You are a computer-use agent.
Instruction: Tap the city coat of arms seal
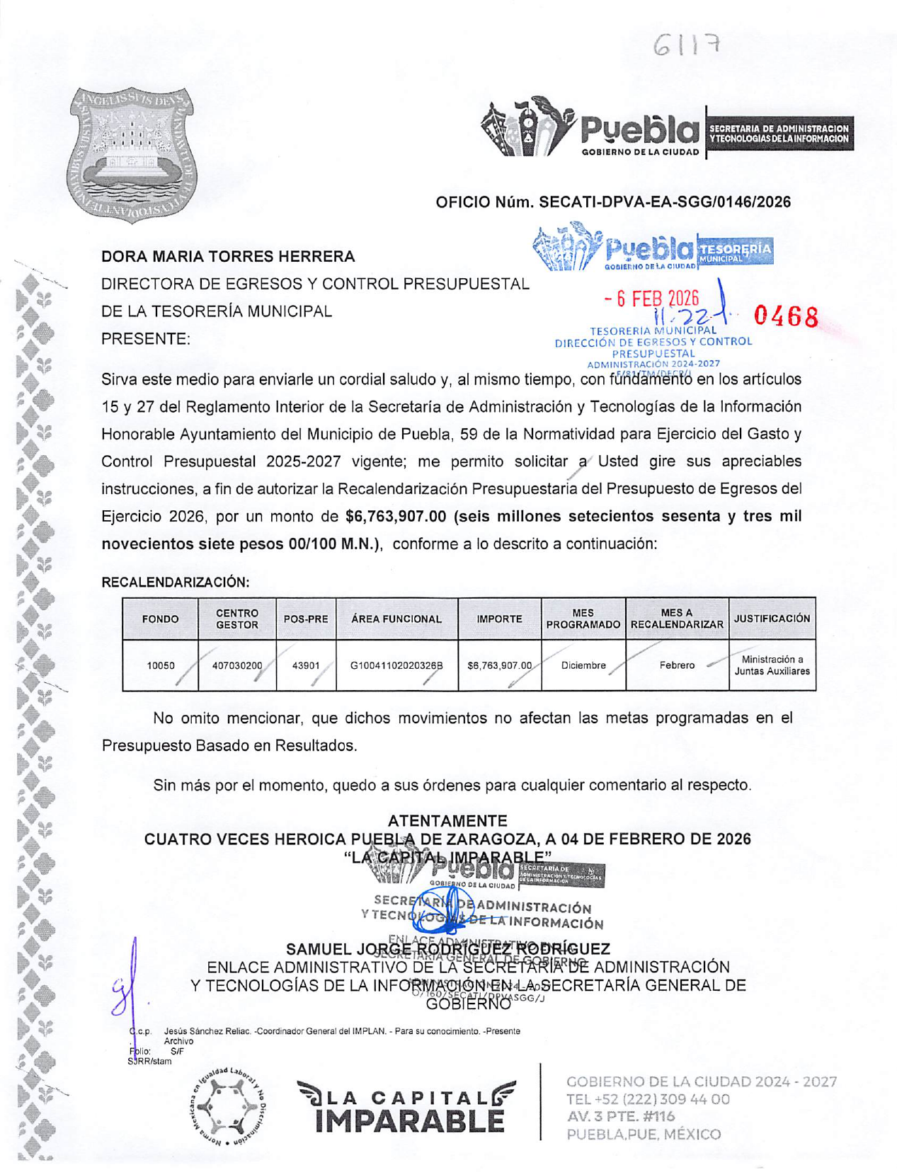(x=132, y=154)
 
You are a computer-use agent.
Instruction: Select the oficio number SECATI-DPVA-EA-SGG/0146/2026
(x=613, y=202)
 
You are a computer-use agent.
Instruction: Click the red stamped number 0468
(x=786, y=316)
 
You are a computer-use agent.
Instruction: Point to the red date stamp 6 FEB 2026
(x=652, y=299)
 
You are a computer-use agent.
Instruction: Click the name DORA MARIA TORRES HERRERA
(x=228, y=256)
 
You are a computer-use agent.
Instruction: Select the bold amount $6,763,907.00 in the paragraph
(x=396, y=517)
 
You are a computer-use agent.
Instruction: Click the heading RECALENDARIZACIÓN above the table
(x=176, y=582)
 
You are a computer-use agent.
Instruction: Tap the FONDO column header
(x=160, y=619)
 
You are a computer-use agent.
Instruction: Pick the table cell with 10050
(x=160, y=665)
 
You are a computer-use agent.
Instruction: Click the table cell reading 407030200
(x=237, y=665)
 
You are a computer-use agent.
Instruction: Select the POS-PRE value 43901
(x=306, y=665)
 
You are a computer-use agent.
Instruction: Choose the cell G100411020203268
(x=396, y=665)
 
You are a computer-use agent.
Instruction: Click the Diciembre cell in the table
(x=583, y=665)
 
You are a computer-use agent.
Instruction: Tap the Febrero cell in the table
(x=677, y=665)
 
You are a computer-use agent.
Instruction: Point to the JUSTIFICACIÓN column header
(x=772, y=619)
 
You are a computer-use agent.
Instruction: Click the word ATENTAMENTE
(x=447, y=821)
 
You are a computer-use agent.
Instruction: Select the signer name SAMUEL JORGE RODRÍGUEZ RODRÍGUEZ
(x=447, y=949)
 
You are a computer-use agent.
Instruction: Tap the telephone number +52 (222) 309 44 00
(x=648, y=1099)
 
